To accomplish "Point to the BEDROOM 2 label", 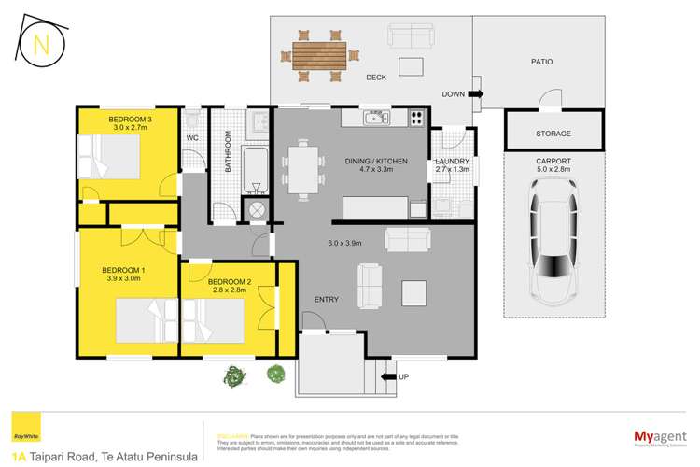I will pyautogui.click(x=230, y=281).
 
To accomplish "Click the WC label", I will pyautogui.click(x=193, y=138).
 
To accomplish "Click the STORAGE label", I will pyautogui.click(x=553, y=134).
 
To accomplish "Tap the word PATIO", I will pyautogui.click(x=541, y=62).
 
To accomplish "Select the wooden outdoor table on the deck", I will pyautogui.click(x=317, y=54).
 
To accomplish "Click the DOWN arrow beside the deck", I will pyautogui.click(x=476, y=94).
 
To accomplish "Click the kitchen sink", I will pyautogui.click(x=376, y=117).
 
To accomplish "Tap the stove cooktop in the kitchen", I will pyautogui.click(x=415, y=118).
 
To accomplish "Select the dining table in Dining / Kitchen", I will pyautogui.click(x=302, y=168).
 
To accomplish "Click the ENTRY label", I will pyautogui.click(x=326, y=299).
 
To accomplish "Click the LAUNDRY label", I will pyautogui.click(x=453, y=162).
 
